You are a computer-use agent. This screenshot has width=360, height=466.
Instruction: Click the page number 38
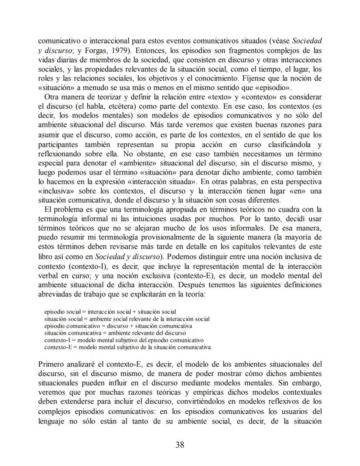180,444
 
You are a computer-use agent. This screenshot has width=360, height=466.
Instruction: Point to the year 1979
110,51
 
